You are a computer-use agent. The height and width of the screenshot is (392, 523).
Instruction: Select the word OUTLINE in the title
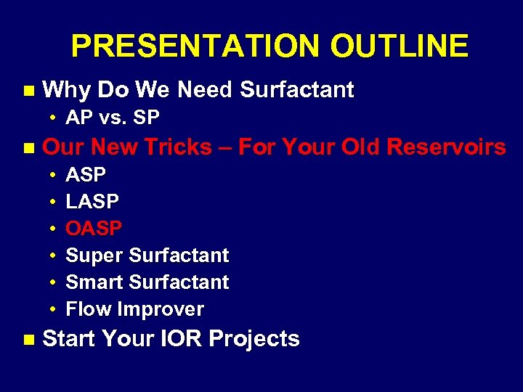tap(399, 46)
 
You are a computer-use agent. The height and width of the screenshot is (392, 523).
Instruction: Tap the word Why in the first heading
tap(67, 90)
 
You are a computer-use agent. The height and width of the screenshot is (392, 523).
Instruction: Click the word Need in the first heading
tap(206, 90)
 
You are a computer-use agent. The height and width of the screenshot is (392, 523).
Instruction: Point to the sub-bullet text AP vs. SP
tap(113, 118)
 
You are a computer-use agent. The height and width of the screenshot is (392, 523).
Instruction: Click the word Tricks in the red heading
tap(182, 147)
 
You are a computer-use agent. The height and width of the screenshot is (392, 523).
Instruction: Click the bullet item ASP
tap(86, 175)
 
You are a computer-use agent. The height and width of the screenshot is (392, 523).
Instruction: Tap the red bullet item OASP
tap(94, 229)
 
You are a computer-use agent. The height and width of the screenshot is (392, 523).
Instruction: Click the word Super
tap(94, 256)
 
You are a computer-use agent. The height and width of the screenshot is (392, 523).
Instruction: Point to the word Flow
tap(89, 309)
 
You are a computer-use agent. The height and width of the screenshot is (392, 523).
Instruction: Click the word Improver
tap(161, 310)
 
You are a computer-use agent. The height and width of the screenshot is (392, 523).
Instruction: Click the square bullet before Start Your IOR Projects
tap(28, 339)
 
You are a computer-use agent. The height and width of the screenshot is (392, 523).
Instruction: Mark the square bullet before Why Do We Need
tap(28, 91)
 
